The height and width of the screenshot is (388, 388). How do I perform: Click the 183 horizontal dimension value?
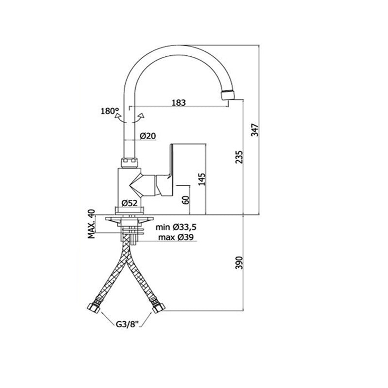pyautogui.click(x=179, y=103)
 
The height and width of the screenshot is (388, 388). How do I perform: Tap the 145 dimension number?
pyautogui.click(x=202, y=179)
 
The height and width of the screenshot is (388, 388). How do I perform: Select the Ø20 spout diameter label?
pyautogui.click(x=147, y=136)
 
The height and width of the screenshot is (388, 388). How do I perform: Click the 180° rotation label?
pyautogui.click(x=110, y=111)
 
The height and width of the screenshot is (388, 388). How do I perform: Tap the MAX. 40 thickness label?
pyautogui.click(x=91, y=224)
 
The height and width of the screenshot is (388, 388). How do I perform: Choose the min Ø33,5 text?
pyautogui.click(x=176, y=227)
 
